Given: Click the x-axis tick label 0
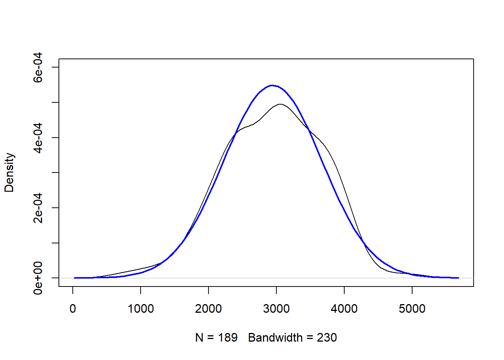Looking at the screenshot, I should [x=73, y=309].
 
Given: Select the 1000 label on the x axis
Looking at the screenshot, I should [x=141, y=309].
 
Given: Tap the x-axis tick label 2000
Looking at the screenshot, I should [x=208, y=309].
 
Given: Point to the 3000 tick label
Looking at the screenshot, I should [x=276, y=309].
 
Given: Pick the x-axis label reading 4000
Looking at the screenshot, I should [x=344, y=309].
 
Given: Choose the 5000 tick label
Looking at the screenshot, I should [x=412, y=309].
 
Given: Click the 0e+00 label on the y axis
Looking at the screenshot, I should [x=38, y=278].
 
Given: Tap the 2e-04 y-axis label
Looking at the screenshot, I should [x=38, y=208].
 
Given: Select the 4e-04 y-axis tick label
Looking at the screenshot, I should [x=38, y=138].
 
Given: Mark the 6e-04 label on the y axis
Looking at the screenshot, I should [x=38, y=67].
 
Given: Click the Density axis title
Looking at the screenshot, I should [x=9, y=172].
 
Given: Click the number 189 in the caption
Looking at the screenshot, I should [x=228, y=337].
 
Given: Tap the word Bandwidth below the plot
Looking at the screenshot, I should [x=275, y=337].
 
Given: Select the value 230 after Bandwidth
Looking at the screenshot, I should [x=327, y=337].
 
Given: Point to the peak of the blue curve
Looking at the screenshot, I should [x=272, y=85].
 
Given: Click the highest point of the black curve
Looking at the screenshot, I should [x=280, y=104].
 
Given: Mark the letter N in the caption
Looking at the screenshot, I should [x=199, y=337].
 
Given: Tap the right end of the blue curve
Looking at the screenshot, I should [x=458, y=278].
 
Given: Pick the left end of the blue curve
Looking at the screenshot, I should [x=75, y=278].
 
